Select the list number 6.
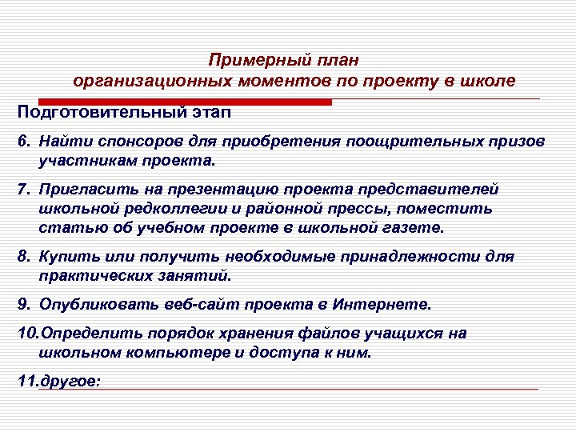(23, 141)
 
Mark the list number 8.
(23, 257)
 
